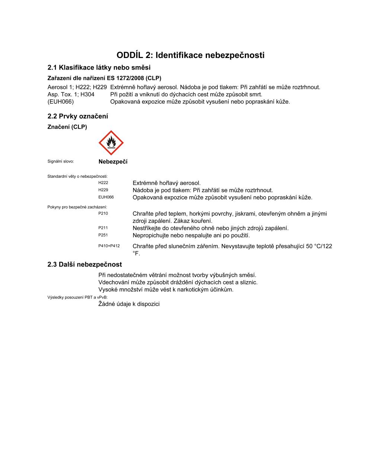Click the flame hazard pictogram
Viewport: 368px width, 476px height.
[111, 143]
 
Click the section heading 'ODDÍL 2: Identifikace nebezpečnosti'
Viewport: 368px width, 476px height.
[191, 55]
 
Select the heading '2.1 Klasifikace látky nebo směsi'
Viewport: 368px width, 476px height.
[99, 68]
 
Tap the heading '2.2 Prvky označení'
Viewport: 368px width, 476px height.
[78, 116]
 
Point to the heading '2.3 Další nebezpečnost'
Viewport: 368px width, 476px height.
[84, 265]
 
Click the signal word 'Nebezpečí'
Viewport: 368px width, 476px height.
[113, 162]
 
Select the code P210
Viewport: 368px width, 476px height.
[103, 213]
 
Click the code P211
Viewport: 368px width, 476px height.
[103, 228]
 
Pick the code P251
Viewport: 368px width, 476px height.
[103, 235]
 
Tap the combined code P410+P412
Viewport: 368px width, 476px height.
[109, 246]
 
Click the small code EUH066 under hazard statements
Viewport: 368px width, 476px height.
[106, 197]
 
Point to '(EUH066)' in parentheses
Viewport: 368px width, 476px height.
[61, 102]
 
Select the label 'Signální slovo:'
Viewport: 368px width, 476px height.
[61, 161]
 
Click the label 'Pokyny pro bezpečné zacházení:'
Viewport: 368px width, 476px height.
[77, 207]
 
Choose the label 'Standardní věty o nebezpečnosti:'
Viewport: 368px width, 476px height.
[77, 176]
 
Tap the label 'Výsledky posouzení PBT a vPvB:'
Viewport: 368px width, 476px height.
[77, 297]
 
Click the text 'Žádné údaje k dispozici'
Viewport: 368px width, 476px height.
[129, 304]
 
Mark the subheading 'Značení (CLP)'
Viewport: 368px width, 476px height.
[67, 127]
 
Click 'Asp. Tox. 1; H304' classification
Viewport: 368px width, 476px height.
[71, 94]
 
